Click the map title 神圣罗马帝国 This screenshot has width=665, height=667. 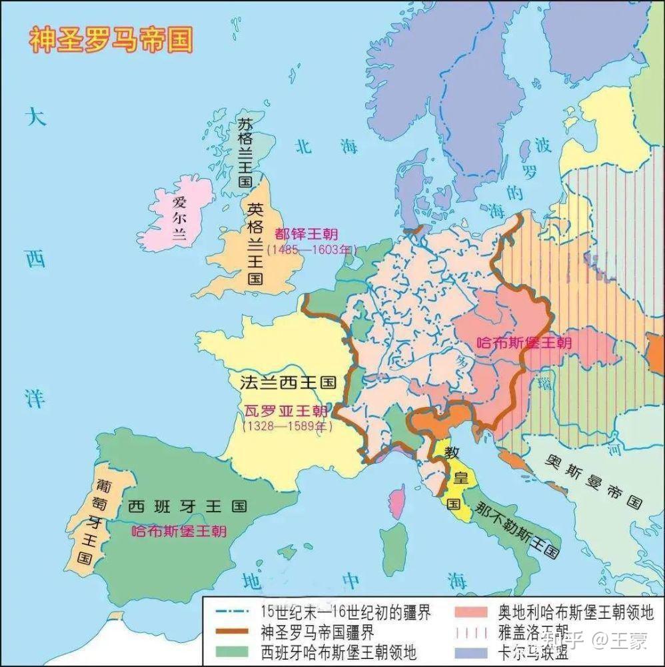click(x=111, y=39)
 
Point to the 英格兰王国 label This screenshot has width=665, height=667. click(x=254, y=243)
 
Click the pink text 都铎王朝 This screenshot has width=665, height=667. click(x=306, y=235)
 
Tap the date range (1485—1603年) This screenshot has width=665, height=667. click(x=311, y=249)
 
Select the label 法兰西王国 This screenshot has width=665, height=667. click(x=287, y=383)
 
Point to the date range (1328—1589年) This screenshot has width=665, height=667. click(x=287, y=426)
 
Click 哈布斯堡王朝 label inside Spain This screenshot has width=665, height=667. click(x=179, y=531)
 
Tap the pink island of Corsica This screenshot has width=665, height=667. click(x=398, y=501)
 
